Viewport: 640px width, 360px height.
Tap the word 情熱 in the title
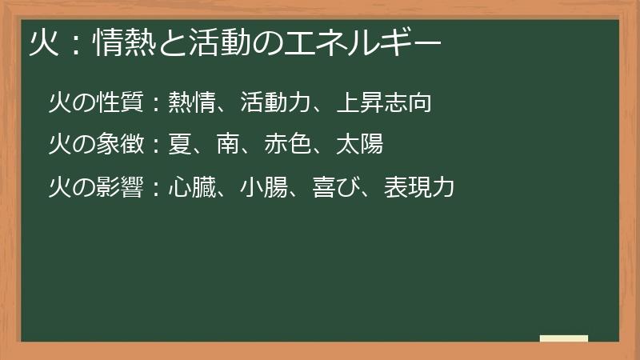pos(119,41)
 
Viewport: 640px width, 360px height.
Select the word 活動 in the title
pos(219,41)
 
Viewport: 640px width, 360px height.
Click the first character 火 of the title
pos(42,41)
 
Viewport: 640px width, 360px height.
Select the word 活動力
pos(276,102)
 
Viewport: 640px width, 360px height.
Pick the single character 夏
pos(180,145)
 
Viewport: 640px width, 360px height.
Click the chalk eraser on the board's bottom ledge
pos(564,339)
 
